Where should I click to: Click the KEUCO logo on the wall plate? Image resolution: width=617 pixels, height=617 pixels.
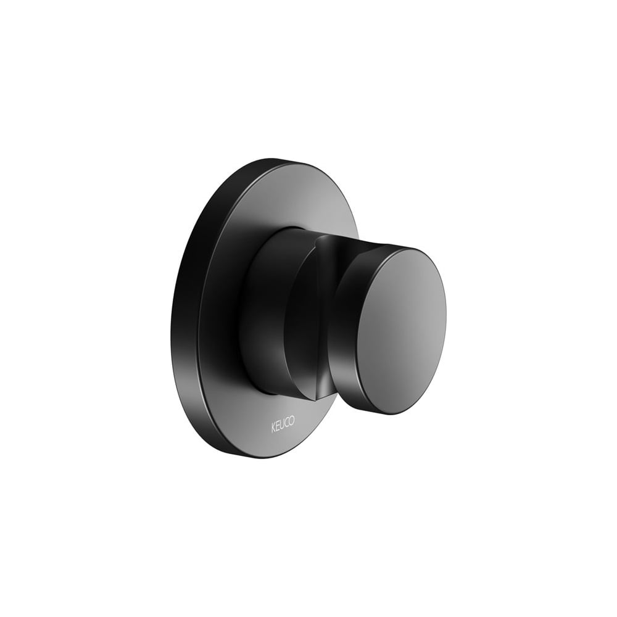tap(283, 426)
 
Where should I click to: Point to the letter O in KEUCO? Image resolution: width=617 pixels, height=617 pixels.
tap(291, 423)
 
